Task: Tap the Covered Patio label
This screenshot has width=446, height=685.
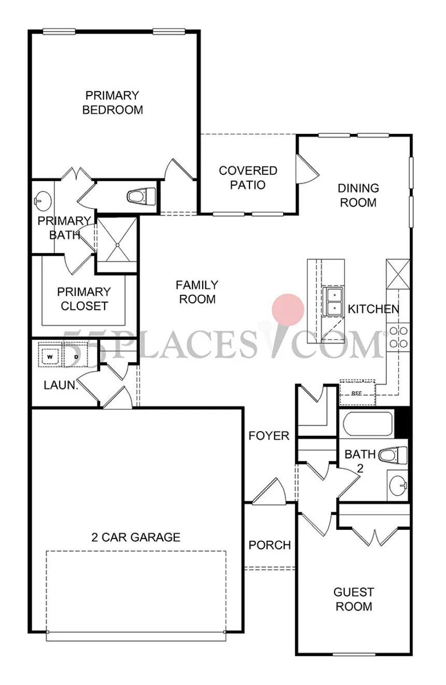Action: click(248, 177)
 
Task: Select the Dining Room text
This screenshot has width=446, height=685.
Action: click(358, 195)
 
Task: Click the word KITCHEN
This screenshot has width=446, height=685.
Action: click(373, 309)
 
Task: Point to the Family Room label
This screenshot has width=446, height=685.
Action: click(197, 292)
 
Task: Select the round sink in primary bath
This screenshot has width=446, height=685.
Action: click(43, 198)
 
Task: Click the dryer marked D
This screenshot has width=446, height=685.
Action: click(75, 357)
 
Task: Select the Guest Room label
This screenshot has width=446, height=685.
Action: click(354, 599)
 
